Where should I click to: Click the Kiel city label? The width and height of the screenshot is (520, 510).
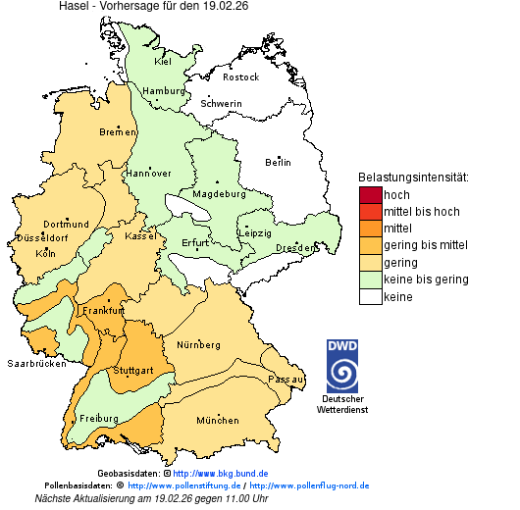[x=163, y=61]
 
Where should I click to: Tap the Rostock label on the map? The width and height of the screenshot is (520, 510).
[x=240, y=76]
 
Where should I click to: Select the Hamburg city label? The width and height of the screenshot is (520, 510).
[x=164, y=91]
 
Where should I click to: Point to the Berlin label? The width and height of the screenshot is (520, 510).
[x=278, y=162]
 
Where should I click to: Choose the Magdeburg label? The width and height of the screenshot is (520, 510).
[x=221, y=193]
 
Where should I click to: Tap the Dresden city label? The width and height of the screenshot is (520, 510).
[x=295, y=248]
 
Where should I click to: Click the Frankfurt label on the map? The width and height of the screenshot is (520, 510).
[x=104, y=310]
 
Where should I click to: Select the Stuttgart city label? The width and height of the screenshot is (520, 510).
[x=133, y=370]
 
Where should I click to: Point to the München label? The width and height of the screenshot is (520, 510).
[x=218, y=420]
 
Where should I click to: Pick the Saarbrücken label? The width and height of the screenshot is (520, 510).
[x=36, y=363]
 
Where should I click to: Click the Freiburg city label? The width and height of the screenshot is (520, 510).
[x=99, y=418]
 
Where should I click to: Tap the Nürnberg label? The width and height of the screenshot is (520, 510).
[x=199, y=345]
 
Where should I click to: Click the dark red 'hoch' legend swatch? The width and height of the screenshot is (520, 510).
[x=370, y=194]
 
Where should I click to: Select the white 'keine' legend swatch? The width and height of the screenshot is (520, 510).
[x=370, y=296]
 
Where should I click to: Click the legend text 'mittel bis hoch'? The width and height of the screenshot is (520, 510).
[x=421, y=212]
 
